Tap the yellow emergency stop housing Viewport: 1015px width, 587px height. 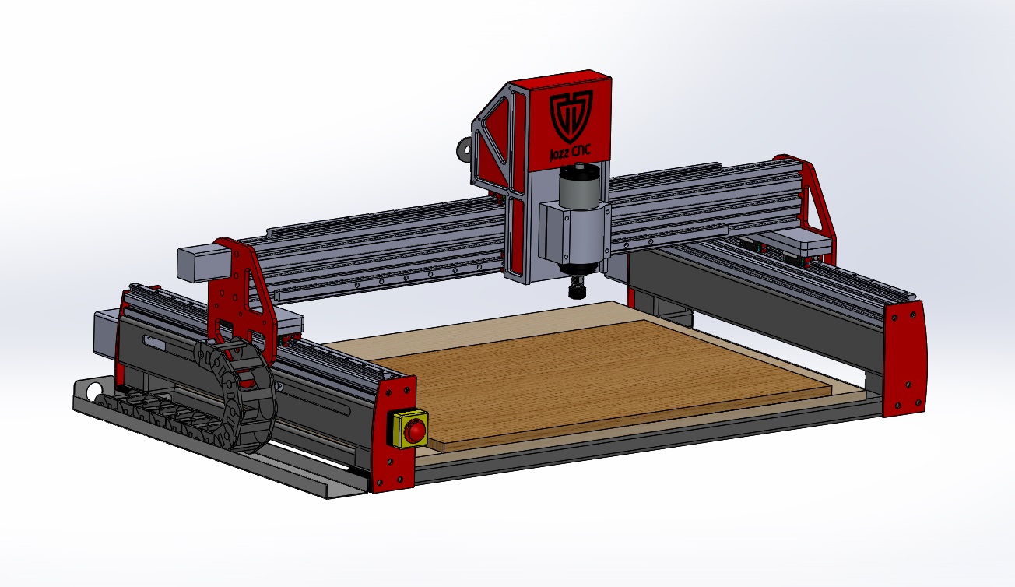pos(409,429)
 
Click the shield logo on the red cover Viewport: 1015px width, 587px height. pos(571,117)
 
